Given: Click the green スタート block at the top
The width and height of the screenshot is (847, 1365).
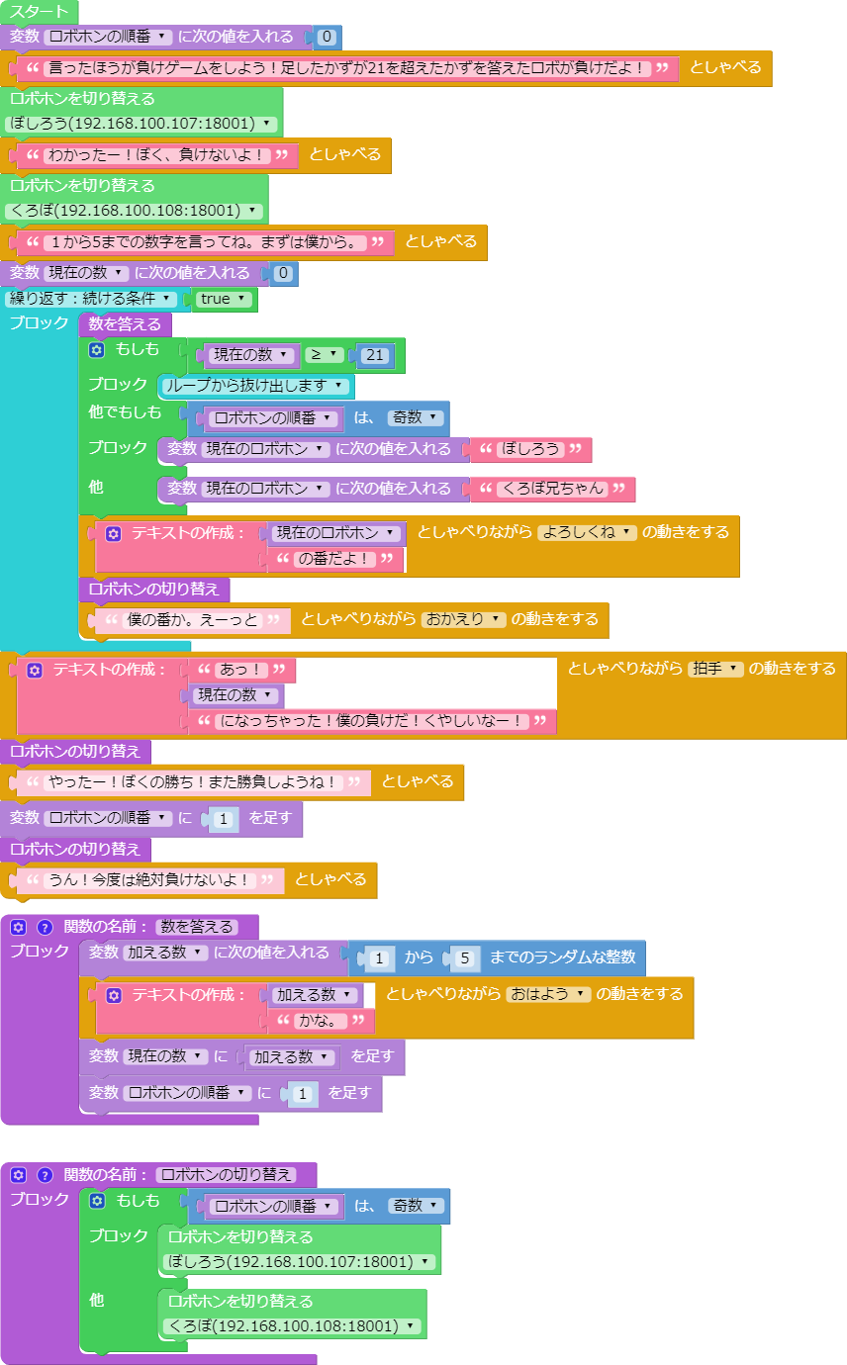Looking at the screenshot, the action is [x=39, y=12].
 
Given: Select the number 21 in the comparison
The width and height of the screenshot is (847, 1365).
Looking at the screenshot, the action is [x=374, y=355].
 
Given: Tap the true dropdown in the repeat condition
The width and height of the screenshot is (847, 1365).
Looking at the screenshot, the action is [x=223, y=299].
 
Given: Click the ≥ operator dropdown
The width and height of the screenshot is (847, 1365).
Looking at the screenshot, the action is [x=325, y=355].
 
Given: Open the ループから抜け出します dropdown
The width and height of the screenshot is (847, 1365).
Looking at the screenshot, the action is [x=255, y=386].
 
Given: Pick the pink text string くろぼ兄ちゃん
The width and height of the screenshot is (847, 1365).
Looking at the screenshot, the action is [x=552, y=489].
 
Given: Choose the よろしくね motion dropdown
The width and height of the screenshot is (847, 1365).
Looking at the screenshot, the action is [x=587, y=532].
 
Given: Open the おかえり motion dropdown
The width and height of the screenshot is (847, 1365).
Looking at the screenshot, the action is [x=463, y=619].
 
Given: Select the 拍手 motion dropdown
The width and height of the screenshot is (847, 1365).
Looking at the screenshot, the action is [x=715, y=669].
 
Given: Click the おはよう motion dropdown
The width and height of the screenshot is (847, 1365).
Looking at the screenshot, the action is [x=547, y=994].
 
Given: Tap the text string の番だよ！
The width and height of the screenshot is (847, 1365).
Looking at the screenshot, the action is [x=334, y=559].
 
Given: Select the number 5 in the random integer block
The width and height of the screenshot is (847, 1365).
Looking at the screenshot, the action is [x=465, y=957].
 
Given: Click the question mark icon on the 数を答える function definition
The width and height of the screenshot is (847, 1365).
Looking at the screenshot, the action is [x=45, y=927].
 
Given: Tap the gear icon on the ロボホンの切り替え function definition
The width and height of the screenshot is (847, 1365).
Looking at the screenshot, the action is [x=18, y=1175].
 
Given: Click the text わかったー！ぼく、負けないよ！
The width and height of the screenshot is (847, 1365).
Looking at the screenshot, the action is [x=156, y=155].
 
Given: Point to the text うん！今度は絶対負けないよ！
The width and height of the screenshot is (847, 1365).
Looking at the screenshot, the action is [x=150, y=880].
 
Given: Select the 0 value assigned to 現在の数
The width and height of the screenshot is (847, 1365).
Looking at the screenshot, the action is [x=283, y=273].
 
